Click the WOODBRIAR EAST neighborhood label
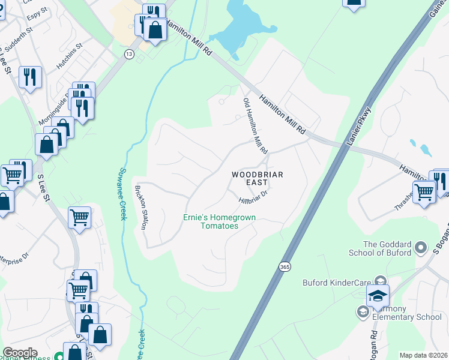258,179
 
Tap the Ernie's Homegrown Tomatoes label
211,221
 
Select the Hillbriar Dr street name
252,196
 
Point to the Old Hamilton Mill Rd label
255,125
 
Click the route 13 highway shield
129,54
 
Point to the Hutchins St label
70,61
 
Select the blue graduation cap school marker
378,295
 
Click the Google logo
20,352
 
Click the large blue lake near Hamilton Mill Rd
243,30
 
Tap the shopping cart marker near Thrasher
424,192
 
